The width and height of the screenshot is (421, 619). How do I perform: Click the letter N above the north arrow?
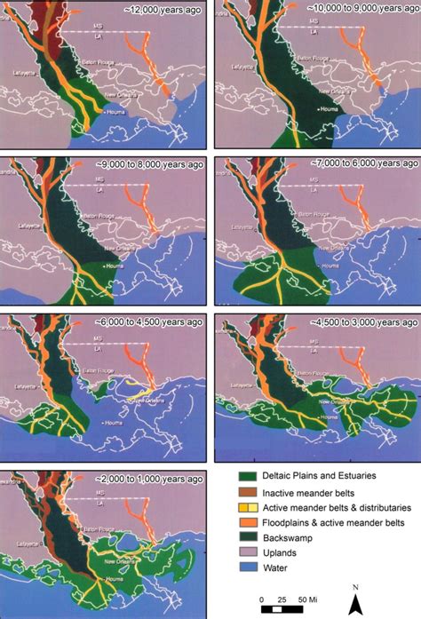(x=354, y=587)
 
